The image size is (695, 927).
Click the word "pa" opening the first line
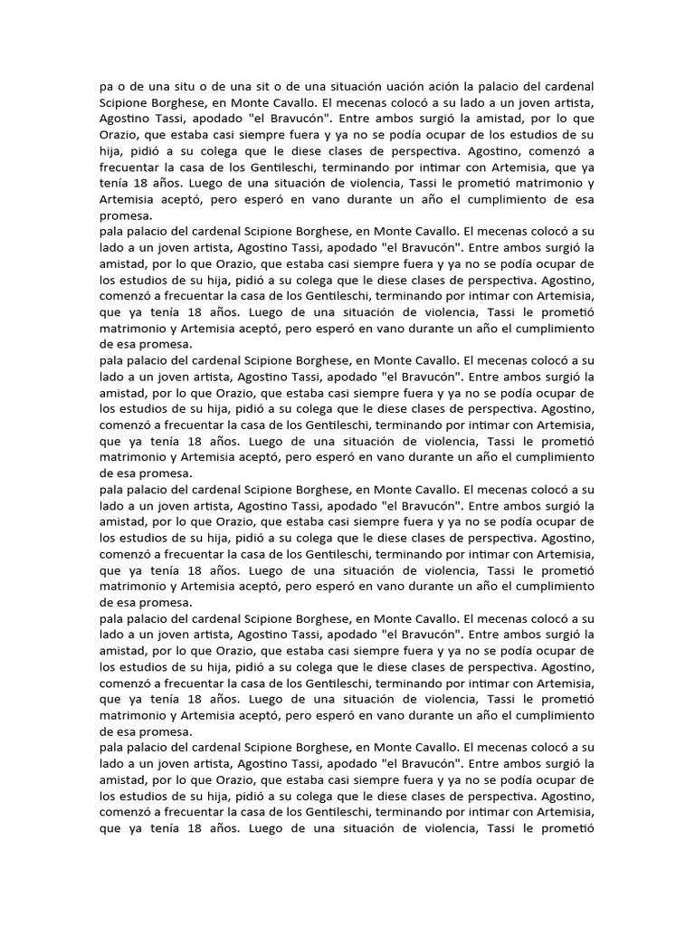(107, 86)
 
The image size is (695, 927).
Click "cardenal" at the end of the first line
(570, 86)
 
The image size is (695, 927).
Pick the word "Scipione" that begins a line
(124, 102)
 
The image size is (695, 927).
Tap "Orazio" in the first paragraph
(122, 135)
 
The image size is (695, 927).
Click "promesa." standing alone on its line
(126, 216)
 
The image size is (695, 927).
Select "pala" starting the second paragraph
(111, 233)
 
